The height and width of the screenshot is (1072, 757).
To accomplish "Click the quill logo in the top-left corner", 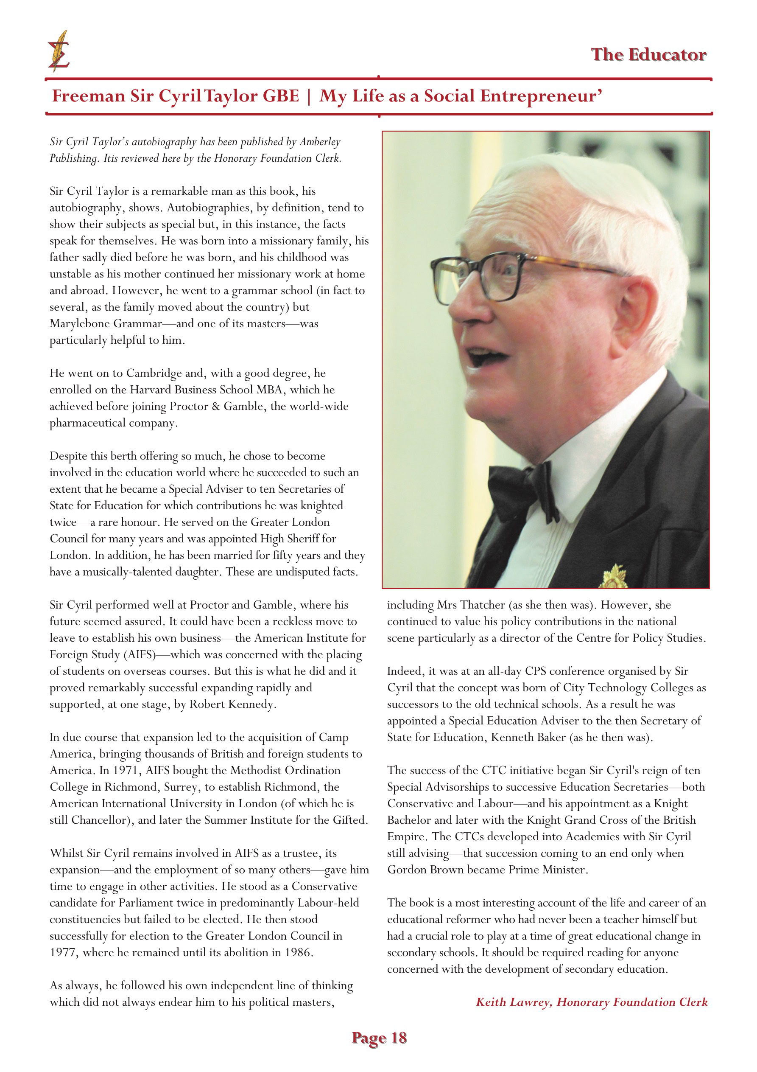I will click(x=59, y=51).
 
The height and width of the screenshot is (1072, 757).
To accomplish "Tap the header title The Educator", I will click(x=648, y=55).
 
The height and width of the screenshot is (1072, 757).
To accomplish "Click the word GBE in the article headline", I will click(x=280, y=96).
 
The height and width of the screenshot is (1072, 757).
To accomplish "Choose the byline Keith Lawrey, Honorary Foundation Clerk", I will click(x=591, y=1002).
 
